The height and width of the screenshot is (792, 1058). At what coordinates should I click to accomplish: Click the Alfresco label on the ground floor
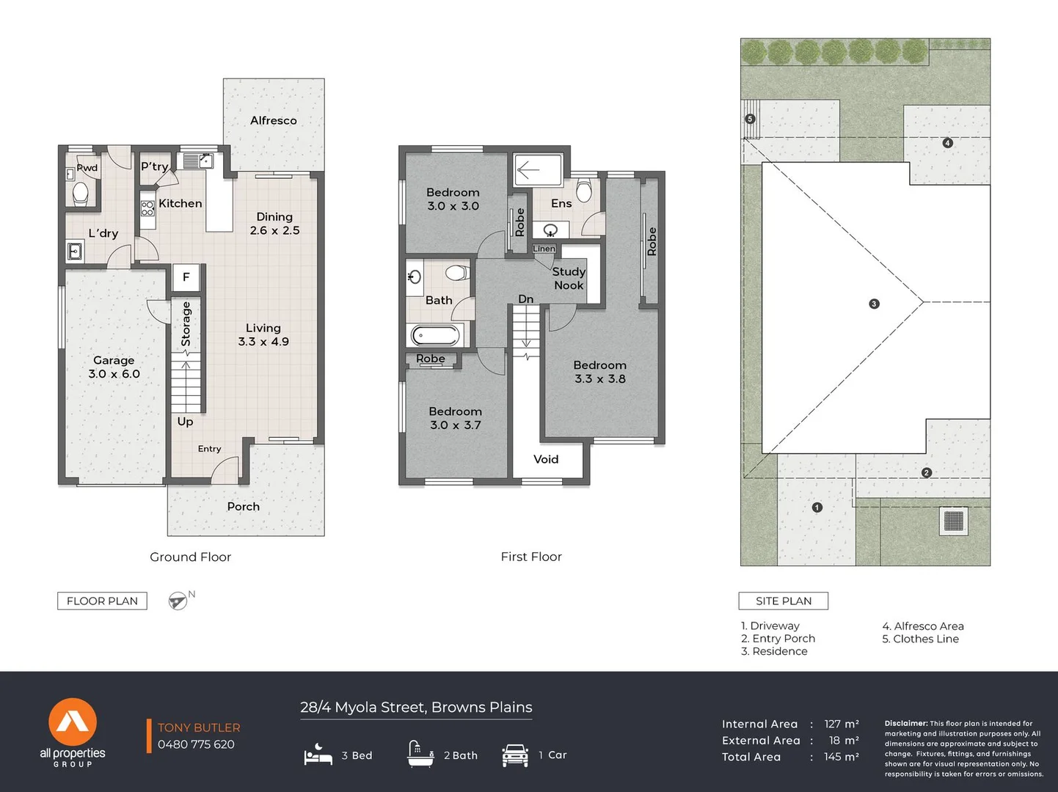tap(273, 120)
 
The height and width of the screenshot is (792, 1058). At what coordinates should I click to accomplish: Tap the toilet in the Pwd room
tap(80, 193)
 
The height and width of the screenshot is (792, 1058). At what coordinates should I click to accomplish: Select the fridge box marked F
tap(186, 276)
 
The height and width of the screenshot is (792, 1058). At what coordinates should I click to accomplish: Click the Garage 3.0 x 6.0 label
tap(114, 367)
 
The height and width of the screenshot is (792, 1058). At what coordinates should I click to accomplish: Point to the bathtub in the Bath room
tap(436, 335)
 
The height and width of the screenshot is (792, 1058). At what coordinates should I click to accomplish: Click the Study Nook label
tap(569, 278)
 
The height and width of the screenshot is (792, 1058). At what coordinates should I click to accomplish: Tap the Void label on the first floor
tap(546, 459)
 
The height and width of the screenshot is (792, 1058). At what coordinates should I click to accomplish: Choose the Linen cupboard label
tap(544, 249)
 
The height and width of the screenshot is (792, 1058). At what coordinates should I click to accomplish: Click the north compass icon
tap(178, 601)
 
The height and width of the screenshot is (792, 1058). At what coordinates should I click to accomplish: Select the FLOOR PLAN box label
tap(102, 601)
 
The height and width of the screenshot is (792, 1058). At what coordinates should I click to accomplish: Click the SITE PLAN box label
tap(784, 601)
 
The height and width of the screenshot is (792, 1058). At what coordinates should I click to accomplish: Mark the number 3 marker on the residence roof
tap(874, 304)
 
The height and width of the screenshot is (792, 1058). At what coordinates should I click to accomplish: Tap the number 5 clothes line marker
tap(750, 119)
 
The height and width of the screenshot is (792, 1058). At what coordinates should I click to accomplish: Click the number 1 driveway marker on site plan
tap(817, 507)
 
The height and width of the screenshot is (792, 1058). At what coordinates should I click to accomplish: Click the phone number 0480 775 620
tap(196, 744)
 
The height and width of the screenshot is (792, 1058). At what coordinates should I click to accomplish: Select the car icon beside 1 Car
tap(515, 755)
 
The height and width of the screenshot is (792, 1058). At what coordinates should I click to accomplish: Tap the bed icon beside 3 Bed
tap(318, 755)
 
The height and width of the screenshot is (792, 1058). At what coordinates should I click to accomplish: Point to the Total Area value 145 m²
tap(841, 757)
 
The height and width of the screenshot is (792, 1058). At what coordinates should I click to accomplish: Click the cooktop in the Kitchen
tap(147, 208)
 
